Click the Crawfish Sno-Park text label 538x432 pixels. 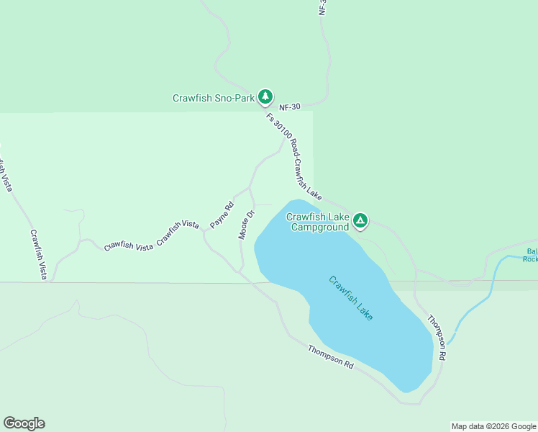[x=214, y=98]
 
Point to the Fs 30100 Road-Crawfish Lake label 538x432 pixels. [x=293, y=156]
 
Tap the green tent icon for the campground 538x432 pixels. [x=360, y=222]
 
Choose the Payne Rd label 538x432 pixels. [x=222, y=215]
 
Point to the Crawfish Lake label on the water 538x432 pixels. [x=351, y=298]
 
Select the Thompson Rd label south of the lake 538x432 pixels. [x=331, y=357]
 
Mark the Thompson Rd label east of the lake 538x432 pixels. [x=437, y=338]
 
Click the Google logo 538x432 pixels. [x=24, y=423]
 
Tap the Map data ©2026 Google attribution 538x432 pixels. [x=493, y=426]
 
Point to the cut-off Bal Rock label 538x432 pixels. [x=531, y=255]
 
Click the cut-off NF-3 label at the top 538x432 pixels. [x=322, y=8]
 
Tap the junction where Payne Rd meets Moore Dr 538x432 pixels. [x=250, y=189]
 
